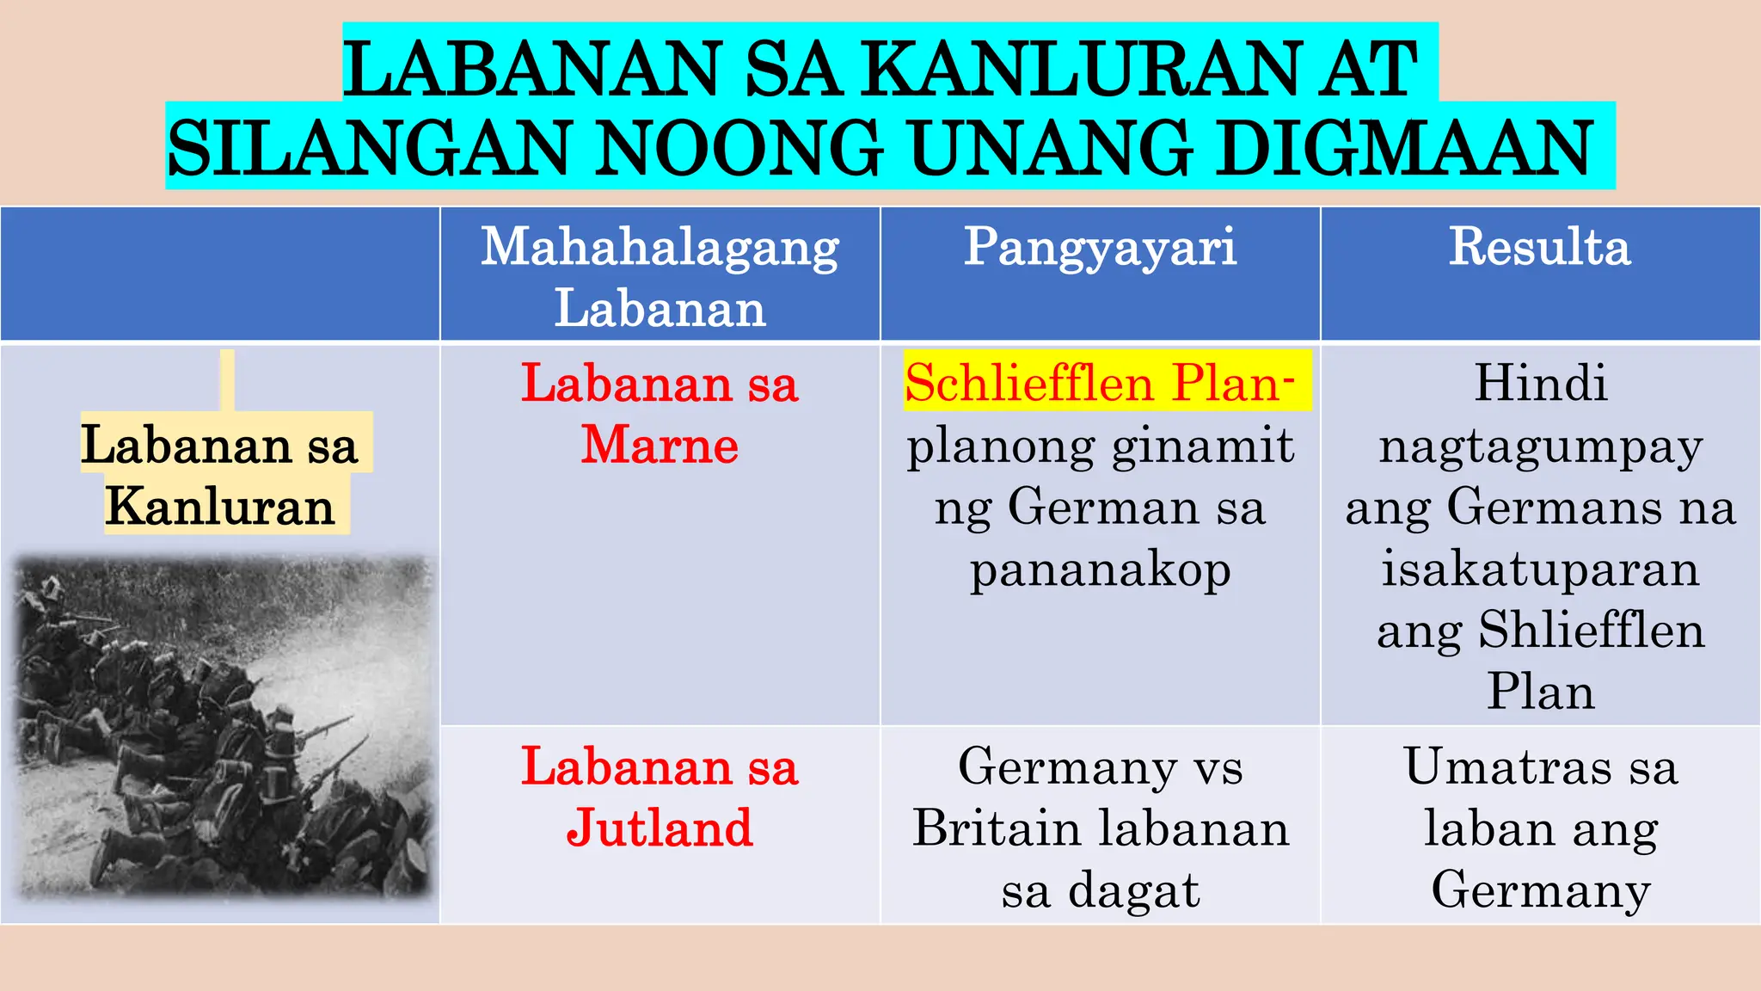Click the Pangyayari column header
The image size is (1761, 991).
[1100, 248]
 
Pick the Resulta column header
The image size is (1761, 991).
[1539, 248]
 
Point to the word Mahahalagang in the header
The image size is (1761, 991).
[660, 248]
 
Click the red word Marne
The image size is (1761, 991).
[660, 446]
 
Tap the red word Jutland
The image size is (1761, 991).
[660, 828]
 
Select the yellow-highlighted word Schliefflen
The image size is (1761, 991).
[1028, 383]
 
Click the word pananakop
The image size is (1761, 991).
[1100, 569]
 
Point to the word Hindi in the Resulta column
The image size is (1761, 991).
[1540, 383]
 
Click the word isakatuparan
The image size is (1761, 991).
[1540, 569]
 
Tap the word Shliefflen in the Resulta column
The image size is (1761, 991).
[1591, 631]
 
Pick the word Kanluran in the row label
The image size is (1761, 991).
[220, 506]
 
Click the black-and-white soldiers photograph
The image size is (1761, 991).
[222, 727]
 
